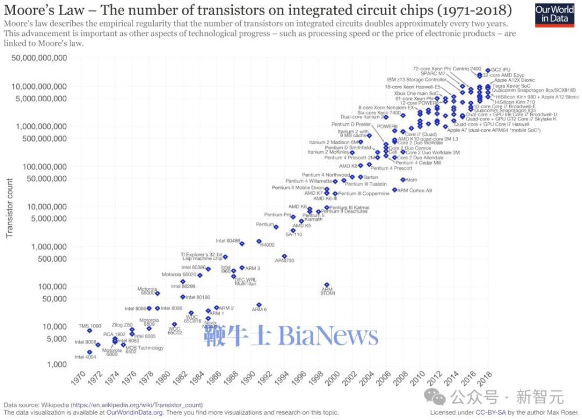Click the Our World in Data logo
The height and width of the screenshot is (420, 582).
coord(554,14)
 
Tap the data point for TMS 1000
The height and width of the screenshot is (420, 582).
coord(90,330)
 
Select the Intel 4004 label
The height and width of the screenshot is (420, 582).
coord(85,357)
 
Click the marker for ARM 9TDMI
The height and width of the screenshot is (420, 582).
coord(327,285)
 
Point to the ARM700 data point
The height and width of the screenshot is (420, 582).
coord(284,256)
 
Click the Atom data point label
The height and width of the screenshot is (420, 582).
coord(411,180)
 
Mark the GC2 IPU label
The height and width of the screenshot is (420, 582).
coord(501,70)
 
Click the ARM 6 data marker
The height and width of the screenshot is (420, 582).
coord(259,305)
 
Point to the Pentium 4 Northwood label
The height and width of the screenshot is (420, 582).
coord(326,175)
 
